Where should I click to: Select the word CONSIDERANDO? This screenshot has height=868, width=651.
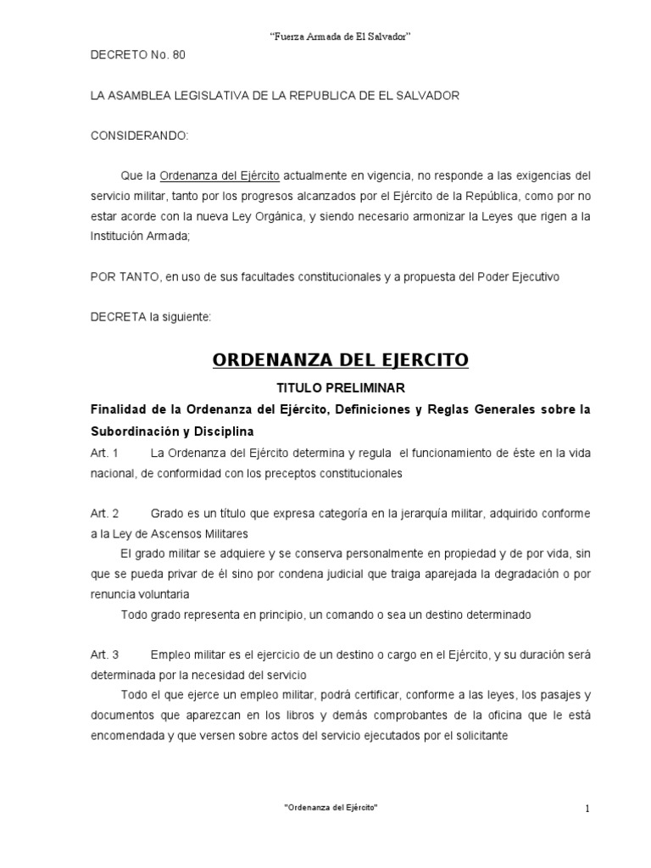pos(140,136)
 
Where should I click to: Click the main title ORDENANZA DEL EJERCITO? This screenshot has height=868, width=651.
pos(340,360)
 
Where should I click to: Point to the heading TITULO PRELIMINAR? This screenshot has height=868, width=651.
pos(339,388)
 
